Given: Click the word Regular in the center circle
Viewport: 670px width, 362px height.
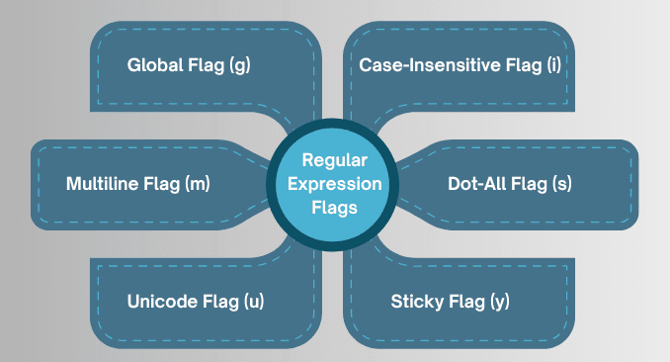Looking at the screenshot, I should [x=334, y=159].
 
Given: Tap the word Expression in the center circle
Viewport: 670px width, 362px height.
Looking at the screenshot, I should [x=334, y=184].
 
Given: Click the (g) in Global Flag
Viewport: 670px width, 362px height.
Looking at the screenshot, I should [x=241, y=66].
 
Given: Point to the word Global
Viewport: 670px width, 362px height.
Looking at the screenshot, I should [x=155, y=66].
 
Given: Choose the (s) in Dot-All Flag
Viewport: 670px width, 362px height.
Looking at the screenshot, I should [x=560, y=184].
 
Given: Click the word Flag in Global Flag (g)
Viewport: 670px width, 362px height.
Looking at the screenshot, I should [x=206, y=66].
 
